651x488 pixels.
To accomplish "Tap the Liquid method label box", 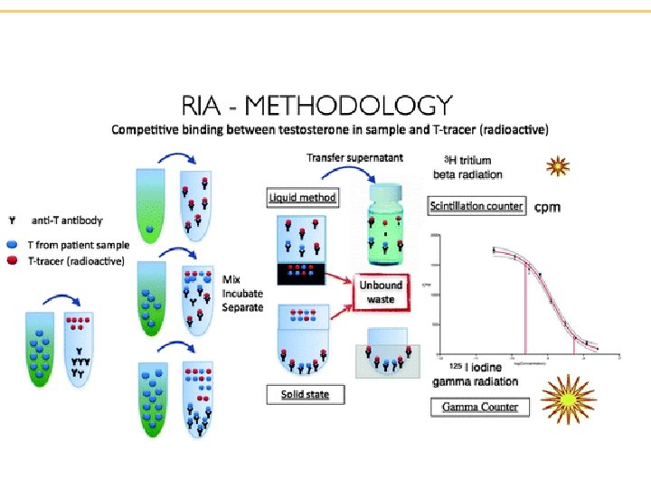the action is point(303,197).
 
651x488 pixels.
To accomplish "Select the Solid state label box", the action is point(298,394).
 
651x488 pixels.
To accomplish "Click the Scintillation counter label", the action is point(476,206).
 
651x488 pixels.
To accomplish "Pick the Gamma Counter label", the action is point(480,407).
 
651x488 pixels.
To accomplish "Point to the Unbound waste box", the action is point(381,291).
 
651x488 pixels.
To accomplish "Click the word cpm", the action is point(548,207).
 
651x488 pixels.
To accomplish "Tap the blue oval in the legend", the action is point(13,244).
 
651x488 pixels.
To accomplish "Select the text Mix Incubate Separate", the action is point(242,293).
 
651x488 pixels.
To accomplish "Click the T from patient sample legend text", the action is point(77,244).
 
